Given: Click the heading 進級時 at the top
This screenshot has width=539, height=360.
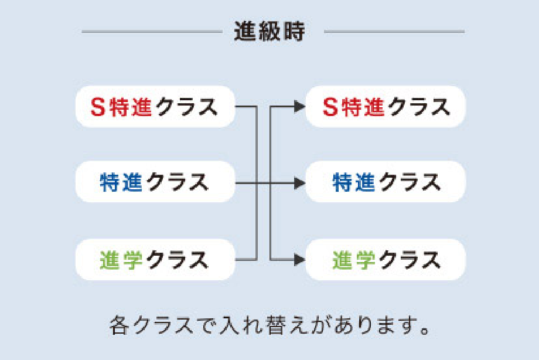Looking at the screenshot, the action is click(269, 31).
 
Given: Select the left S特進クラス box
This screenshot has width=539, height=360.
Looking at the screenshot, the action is click(155, 106).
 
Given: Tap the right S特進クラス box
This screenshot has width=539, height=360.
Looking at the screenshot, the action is click(385, 106).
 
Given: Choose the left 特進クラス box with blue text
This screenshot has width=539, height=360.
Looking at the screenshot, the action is click(155, 181).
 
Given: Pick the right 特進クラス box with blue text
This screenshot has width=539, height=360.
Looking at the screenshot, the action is click(385, 181).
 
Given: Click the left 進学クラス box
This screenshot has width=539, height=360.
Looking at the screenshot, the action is click(155, 259).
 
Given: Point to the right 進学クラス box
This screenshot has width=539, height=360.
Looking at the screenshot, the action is click(385, 259).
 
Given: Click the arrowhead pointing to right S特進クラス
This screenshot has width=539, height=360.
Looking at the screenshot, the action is click(299, 107).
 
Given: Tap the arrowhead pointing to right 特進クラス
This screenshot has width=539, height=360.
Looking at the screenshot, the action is click(299, 184).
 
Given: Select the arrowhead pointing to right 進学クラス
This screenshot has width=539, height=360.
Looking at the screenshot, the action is click(299, 260).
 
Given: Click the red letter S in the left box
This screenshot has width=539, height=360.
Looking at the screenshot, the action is click(98, 107).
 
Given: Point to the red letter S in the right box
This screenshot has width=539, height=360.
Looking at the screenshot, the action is click(330, 107).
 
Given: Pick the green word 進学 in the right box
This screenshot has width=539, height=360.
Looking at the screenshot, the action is click(354, 260).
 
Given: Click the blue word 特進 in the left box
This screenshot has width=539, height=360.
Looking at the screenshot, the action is click(121, 182).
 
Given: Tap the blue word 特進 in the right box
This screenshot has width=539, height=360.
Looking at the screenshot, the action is click(354, 182).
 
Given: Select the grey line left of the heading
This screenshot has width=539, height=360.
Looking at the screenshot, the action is click(152, 31).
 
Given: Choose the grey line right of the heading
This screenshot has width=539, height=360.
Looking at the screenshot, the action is click(394, 31).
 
